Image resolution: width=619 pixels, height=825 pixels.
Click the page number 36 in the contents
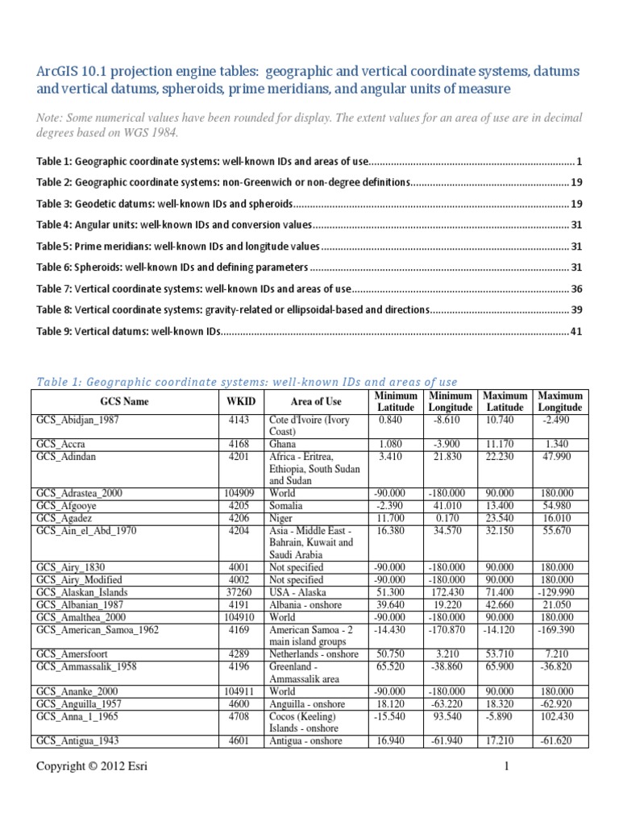575,288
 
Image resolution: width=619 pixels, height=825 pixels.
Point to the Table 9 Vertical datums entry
128,330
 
